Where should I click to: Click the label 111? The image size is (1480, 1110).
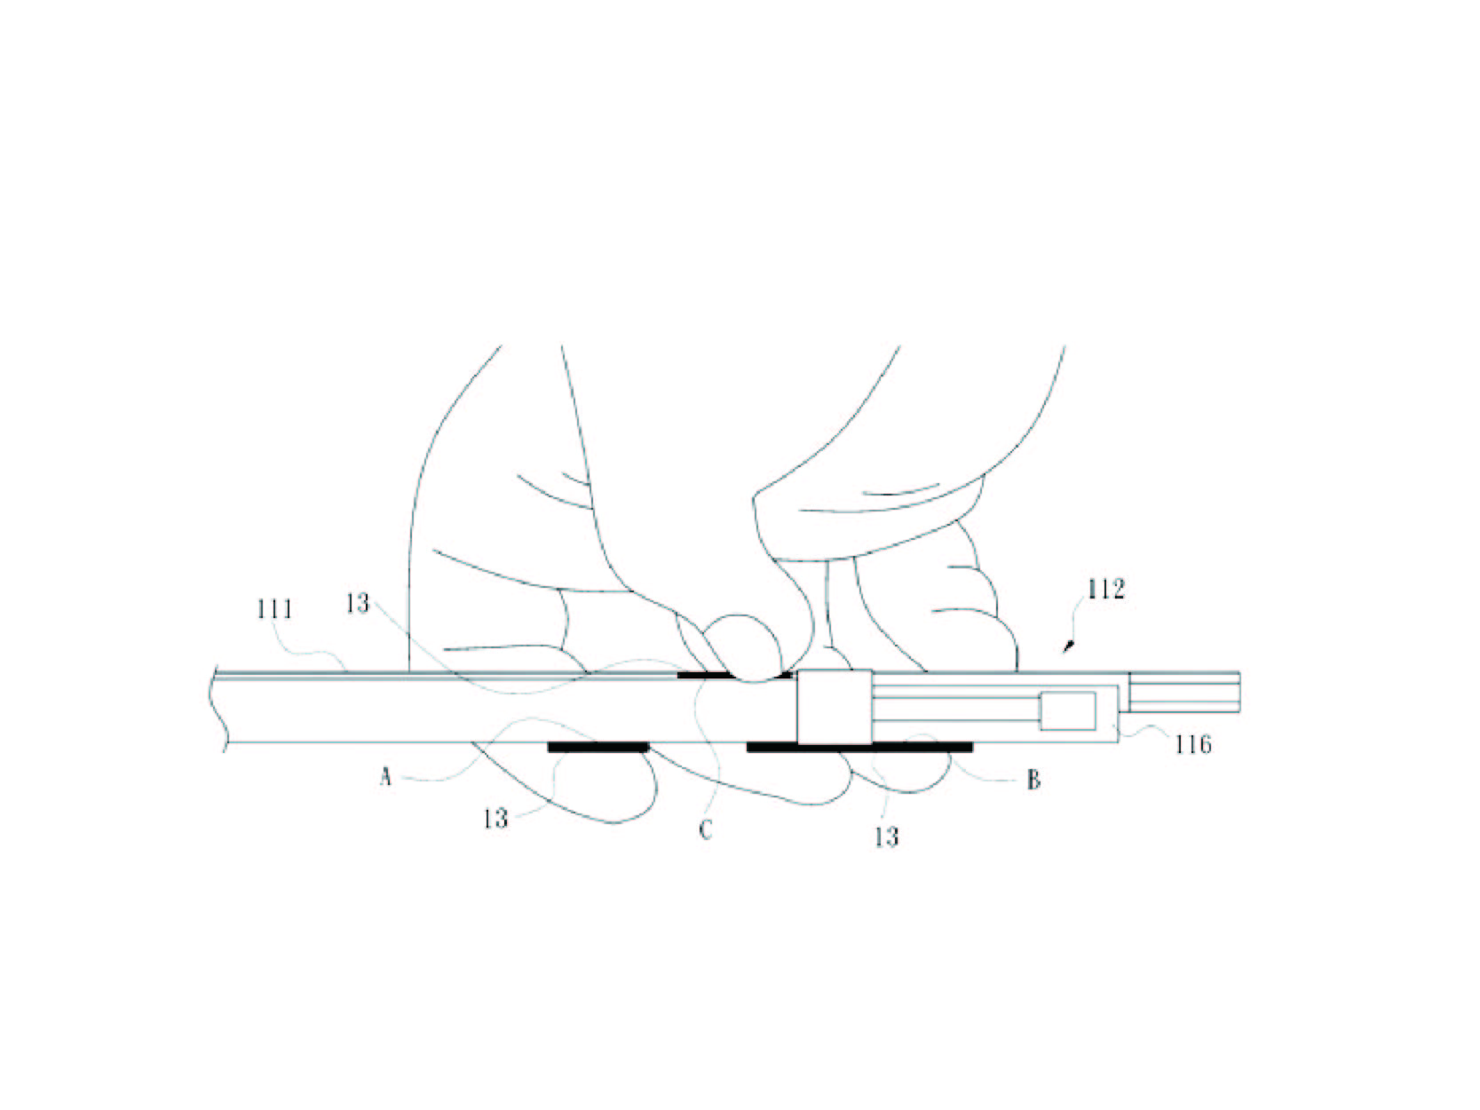tap(274, 609)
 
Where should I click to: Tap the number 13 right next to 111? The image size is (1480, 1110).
tap(358, 604)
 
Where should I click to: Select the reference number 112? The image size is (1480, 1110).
tap(1106, 590)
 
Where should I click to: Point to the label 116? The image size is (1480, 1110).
tap(1193, 744)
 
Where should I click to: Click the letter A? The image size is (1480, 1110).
tap(385, 778)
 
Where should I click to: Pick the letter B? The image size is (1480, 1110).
tap(1033, 781)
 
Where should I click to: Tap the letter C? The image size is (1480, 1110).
tap(705, 831)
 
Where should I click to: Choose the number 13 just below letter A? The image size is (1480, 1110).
tap(495, 819)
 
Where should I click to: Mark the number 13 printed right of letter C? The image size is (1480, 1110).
tap(887, 836)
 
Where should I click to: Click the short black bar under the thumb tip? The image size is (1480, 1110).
tap(733, 674)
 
